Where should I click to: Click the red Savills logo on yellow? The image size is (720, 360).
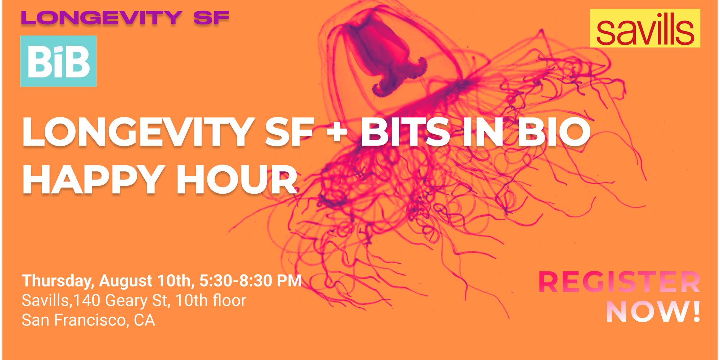pos(645,28)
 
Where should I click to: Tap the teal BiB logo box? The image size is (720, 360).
pos(58,61)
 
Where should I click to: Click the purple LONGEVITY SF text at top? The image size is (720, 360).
pos(125,18)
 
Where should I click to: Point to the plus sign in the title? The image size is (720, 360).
pos(337,132)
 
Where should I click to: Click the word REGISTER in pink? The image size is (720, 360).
pos(619,283)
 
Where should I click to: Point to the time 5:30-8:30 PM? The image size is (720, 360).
pos(250,281)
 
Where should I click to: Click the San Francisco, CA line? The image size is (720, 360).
pos(88,320)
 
